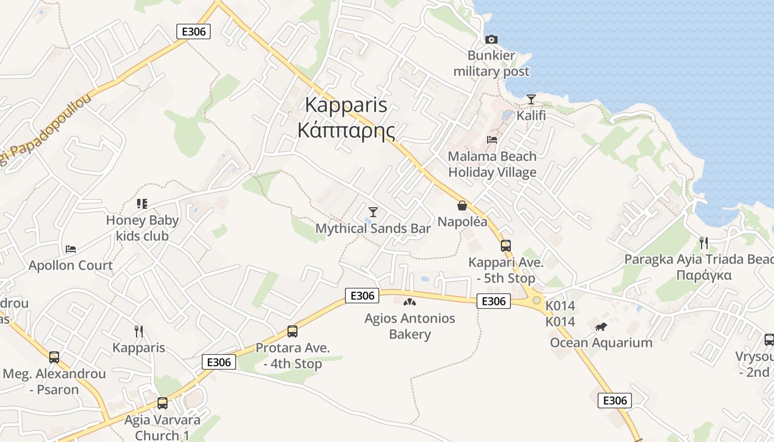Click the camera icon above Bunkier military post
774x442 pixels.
491,39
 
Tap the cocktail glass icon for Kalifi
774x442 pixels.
531,99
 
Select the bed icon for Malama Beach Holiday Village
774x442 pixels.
492,140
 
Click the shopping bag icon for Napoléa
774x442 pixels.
462,206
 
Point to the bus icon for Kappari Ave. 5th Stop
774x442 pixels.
506,246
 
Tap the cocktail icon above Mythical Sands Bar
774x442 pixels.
373,212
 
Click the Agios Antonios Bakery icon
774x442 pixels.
410,302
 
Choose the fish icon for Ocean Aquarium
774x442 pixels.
601,327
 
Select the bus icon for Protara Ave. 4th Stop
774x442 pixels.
292,331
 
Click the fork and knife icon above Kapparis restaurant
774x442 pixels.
139,331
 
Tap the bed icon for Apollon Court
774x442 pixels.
71,249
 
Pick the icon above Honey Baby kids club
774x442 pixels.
142,204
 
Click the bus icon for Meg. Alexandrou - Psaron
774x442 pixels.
54,357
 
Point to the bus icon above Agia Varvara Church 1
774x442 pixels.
162,403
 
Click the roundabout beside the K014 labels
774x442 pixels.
536,300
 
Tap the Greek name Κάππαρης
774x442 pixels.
346,130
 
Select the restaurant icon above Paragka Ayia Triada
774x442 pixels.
703,243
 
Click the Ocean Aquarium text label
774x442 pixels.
601,343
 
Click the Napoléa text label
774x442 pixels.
462,222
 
